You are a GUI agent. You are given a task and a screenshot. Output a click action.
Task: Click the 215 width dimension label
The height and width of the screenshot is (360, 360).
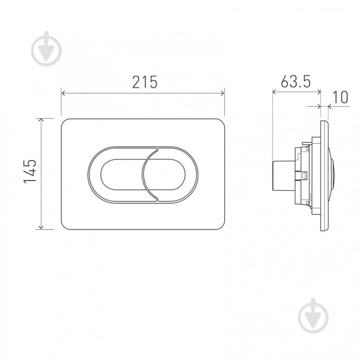click(145, 82)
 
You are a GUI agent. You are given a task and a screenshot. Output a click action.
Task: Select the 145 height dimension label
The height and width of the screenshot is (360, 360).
click(30, 171)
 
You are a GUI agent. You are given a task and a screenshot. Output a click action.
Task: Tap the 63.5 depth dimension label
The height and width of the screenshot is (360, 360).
click(296, 81)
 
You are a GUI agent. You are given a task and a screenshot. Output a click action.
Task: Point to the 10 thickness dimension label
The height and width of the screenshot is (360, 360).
click(340, 97)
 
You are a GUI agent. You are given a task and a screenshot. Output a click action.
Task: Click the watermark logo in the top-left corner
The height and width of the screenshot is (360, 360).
click(46, 49)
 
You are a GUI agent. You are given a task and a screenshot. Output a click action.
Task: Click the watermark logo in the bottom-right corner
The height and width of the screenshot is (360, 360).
click(314, 316)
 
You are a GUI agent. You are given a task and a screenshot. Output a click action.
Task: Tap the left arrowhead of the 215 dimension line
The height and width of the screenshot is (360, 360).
click(64, 93)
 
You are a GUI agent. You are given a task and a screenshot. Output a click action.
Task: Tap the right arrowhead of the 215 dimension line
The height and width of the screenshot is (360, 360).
click(222, 93)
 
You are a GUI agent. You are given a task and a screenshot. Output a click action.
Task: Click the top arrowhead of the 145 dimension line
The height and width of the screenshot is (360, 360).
click(41, 120)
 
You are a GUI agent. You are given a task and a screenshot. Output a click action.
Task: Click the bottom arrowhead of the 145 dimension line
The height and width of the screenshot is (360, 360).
click(41, 227)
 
